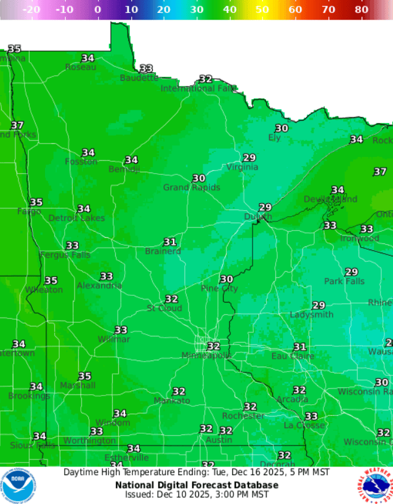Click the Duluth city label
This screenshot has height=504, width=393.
[257, 216]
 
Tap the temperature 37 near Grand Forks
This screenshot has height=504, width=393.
[17, 125]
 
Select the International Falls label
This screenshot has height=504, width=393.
[198, 88]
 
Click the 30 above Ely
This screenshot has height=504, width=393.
[282, 128]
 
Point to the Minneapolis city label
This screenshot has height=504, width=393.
[206, 356]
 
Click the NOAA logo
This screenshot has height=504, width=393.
[18, 485]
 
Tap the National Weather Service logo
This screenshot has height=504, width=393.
[375, 485]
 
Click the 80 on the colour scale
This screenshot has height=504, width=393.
[362, 10]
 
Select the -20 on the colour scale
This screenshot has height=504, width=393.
[31, 10]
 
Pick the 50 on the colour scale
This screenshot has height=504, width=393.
[262, 10]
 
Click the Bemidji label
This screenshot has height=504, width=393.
[124, 169]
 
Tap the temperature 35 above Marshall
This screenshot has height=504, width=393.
[84, 376]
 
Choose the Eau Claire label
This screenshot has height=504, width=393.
[293, 356]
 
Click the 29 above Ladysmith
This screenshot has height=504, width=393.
[318, 306]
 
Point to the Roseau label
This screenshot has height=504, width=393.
[80, 67]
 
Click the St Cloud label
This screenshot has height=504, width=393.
[164, 308]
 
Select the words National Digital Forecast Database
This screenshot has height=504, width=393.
[197, 485]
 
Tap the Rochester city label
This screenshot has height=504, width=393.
[243, 415]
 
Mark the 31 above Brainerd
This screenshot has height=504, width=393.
[170, 242]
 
